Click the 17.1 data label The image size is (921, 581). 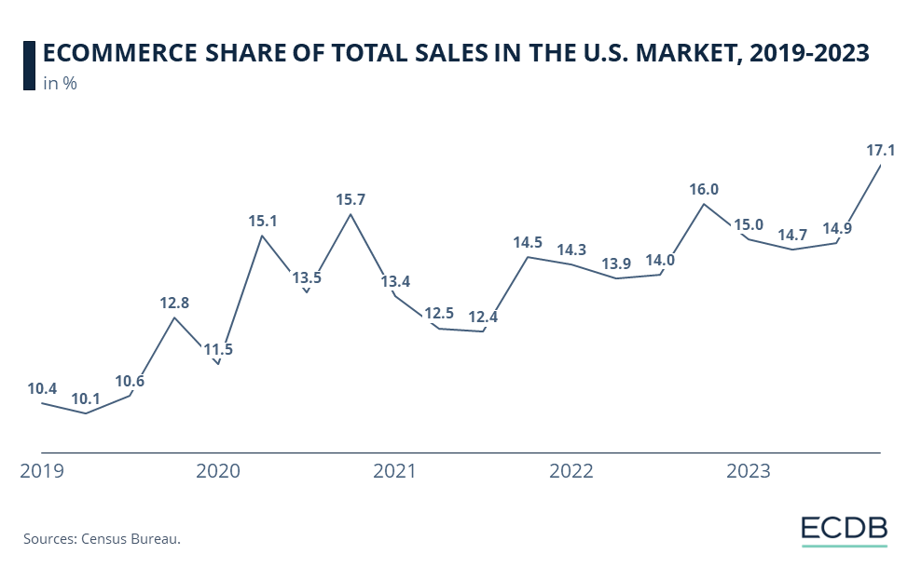click(x=880, y=149)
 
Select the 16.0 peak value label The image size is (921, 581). click(x=704, y=189)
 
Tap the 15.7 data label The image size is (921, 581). click(x=351, y=199)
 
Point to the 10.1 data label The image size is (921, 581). click(x=87, y=399)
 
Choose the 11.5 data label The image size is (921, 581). click(x=217, y=350)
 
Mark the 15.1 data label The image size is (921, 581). click(x=262, y=221)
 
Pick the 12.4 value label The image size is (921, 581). click(x=483, y=317)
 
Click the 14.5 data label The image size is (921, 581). click(x=528, y=242)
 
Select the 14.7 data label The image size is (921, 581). click(x=792, y=235)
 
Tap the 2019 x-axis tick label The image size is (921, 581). click(x=42, y=472)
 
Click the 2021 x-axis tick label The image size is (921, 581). click(x=395, y=472)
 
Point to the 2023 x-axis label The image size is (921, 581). click(x=748, y=472)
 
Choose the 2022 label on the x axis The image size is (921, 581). click(x=571, y=472)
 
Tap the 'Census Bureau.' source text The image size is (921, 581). click(x=131, y=538)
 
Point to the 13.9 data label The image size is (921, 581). click(x=616, y=263)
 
